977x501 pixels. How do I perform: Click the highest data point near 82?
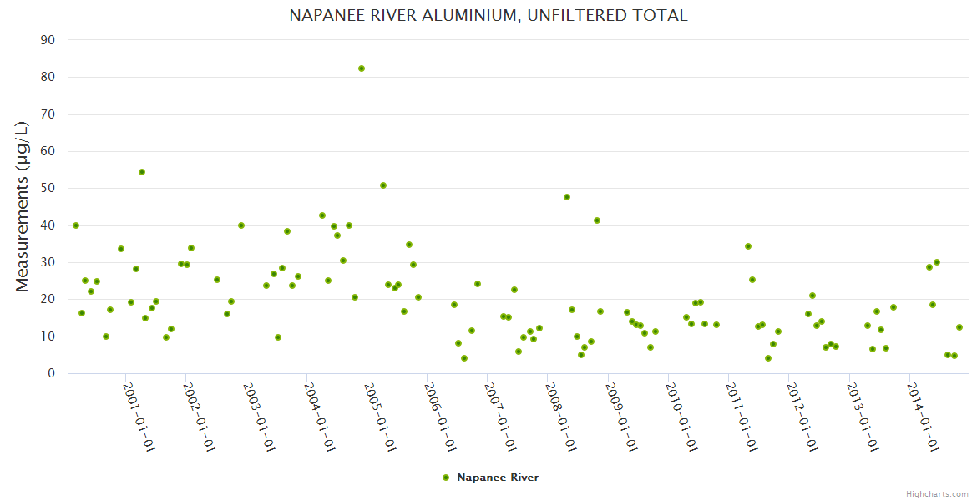(x=362, y=68)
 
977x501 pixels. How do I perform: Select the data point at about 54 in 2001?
(x=142, y=172)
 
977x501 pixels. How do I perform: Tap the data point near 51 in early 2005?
(x=383, y=185)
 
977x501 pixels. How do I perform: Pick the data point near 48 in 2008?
(x=567, y=197)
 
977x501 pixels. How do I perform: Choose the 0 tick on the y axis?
(x=51, y=374)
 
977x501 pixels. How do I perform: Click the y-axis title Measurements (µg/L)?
(x=23, y=206)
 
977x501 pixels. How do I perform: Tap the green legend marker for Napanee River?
(x=446, y=478)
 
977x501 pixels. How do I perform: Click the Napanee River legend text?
(x=498, y=478)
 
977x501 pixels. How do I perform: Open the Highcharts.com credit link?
(x=937, y=493)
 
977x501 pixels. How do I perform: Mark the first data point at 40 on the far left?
(x=76, y=225)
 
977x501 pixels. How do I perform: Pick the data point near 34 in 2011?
(x=748, y=246)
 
